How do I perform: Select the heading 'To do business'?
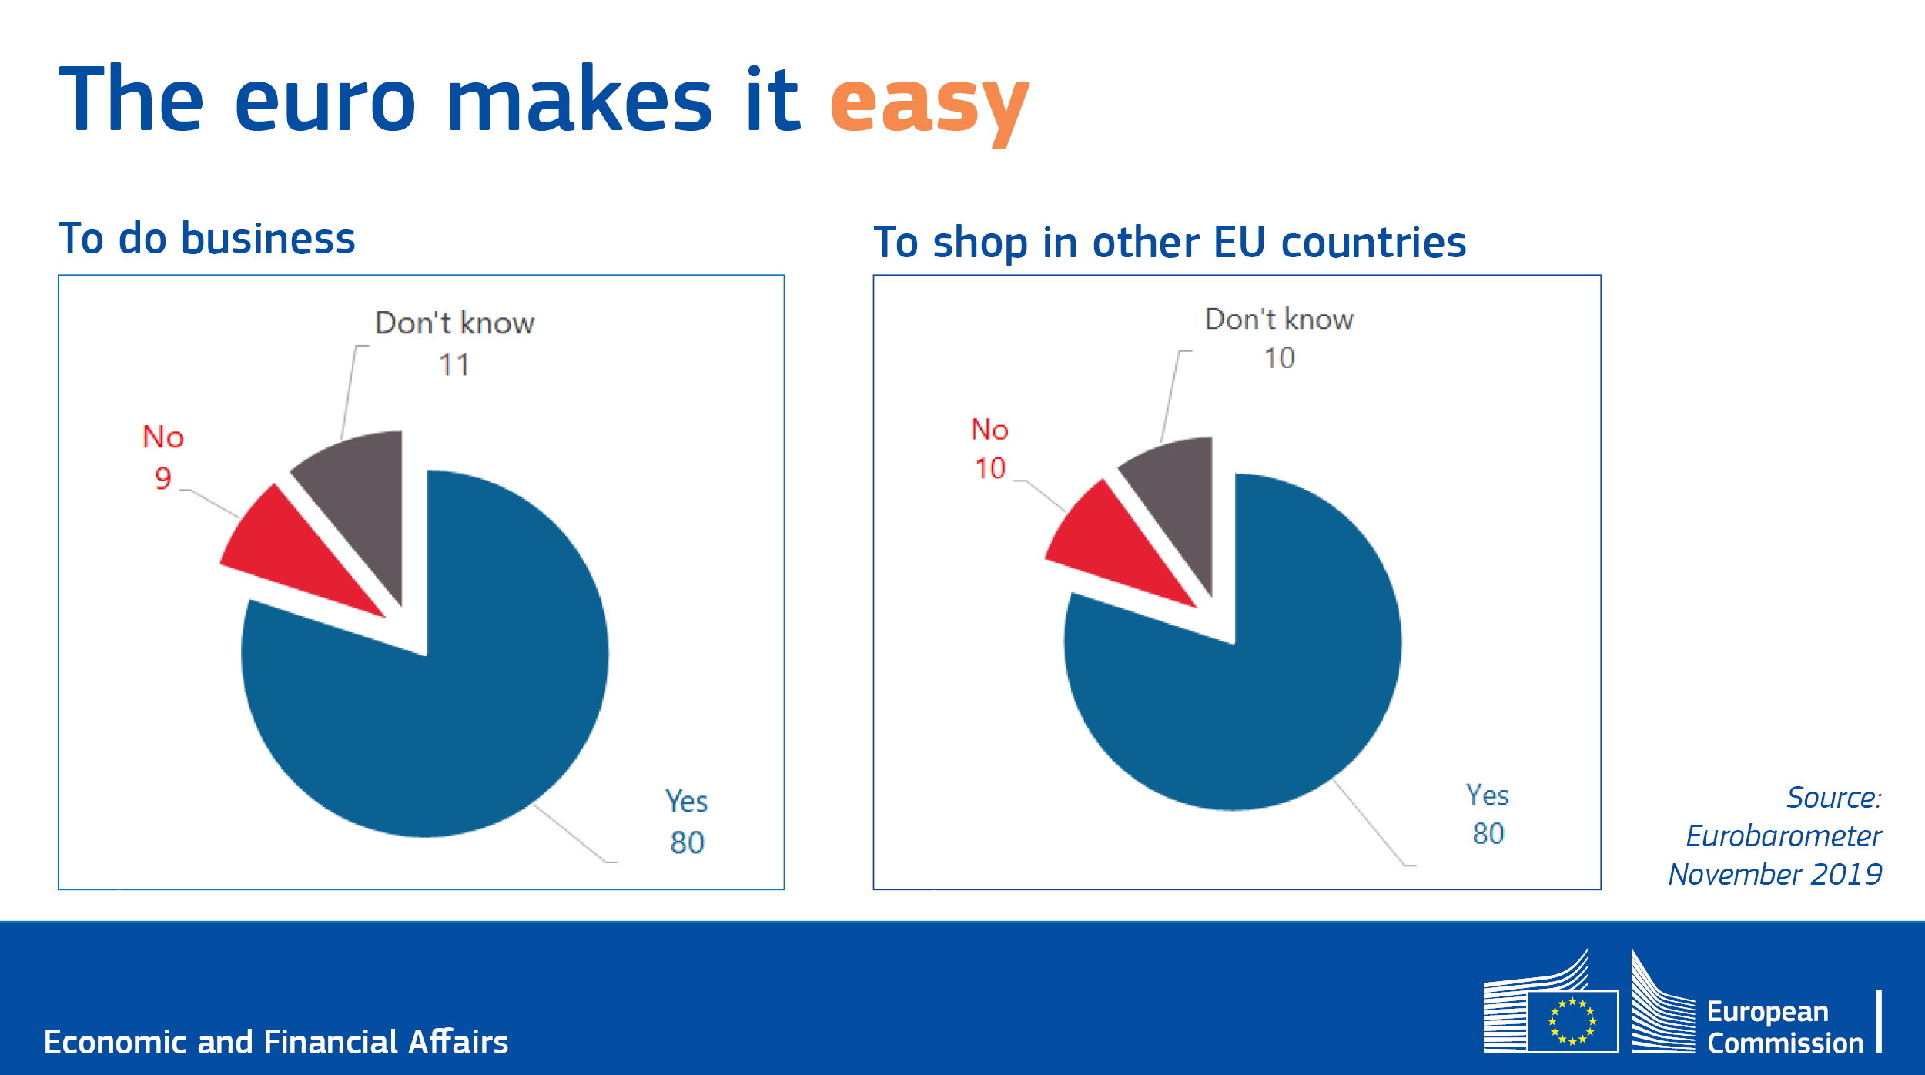coord(207,238)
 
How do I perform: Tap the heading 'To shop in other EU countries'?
coord(1170,242)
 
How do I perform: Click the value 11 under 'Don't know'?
coord(454,365)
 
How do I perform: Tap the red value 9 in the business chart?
coord(162,478)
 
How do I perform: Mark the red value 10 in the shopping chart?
coord(990,468)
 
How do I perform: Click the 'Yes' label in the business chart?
coord(686,802)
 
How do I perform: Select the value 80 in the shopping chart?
coord(1488,834)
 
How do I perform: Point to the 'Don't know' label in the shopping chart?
coord(1279,320)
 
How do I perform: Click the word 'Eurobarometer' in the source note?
coord(1783,836)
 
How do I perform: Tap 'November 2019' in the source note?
coord(1775,874)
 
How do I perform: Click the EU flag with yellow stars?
coord(1573,1021)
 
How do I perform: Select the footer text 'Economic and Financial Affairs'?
coord(276,1042)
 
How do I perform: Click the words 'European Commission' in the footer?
coord(1785,1027)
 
